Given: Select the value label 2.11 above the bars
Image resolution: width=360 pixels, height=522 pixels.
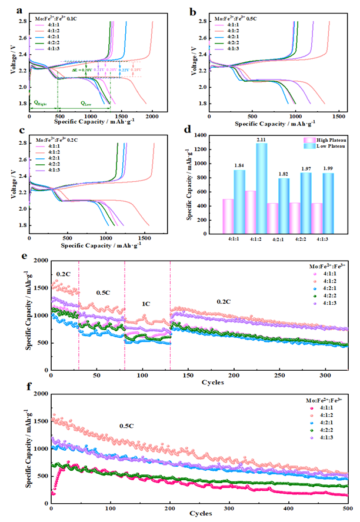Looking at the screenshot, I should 261,139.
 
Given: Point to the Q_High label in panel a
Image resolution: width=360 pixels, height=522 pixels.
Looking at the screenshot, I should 41,102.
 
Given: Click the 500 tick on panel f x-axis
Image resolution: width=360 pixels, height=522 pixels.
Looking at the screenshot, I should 347,507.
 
